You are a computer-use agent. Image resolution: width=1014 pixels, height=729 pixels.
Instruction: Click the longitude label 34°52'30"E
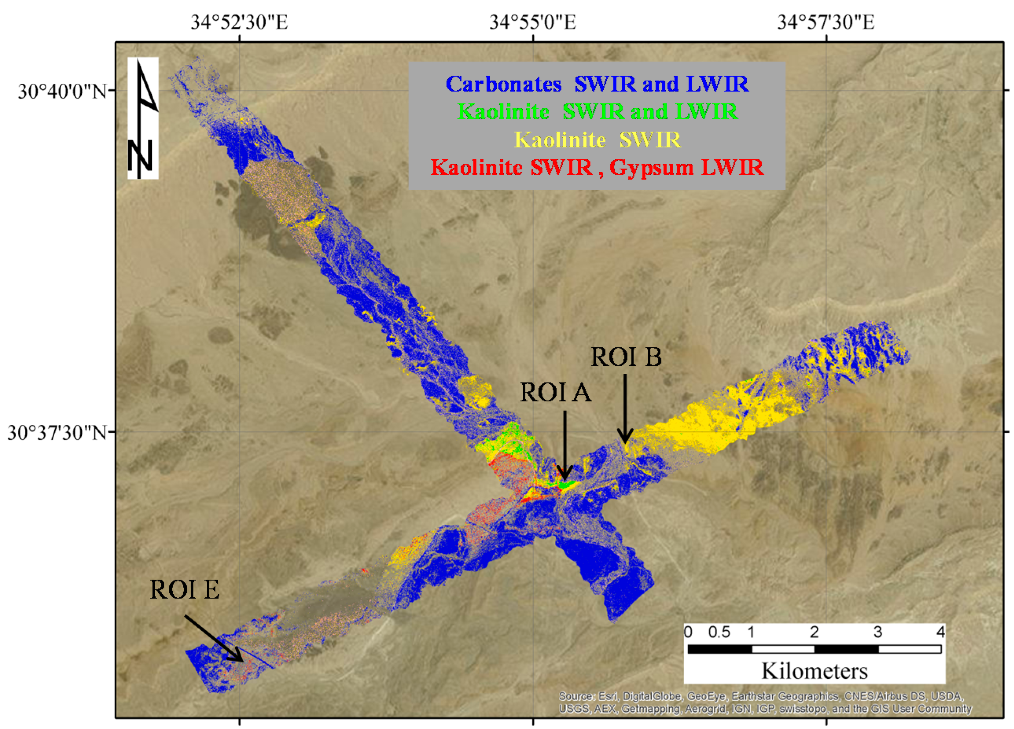point(239,22)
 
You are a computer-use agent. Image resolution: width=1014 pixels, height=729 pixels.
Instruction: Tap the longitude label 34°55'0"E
point(533,22)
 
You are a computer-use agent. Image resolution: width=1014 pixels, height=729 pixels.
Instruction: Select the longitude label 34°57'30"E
point(826,22)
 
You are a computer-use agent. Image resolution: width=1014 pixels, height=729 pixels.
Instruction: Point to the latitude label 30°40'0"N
point(62,92)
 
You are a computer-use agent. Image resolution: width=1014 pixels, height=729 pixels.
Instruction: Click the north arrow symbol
point(143,118)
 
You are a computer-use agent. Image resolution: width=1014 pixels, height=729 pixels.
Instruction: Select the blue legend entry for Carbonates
point(597,84)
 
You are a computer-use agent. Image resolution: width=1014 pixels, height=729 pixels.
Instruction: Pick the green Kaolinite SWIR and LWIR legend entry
point(597,112)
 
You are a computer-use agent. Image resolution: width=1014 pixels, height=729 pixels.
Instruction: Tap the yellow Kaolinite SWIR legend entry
point(597,140)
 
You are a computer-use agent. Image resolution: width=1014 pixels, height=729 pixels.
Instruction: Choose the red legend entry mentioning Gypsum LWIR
point(597,168)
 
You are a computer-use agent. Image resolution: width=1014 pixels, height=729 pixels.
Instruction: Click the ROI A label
point(556,393)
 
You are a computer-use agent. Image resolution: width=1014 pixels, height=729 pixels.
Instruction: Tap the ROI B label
point(626,357)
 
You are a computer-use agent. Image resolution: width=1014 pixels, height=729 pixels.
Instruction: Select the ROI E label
point(185,590)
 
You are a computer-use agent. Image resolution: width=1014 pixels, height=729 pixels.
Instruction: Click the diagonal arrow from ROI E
point(214,638)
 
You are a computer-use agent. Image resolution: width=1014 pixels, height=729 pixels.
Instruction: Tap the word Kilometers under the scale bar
point(814,671)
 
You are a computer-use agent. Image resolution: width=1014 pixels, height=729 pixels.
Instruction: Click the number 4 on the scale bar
point(941,632)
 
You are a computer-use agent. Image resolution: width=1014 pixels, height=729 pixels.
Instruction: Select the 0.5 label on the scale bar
point(719,632)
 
